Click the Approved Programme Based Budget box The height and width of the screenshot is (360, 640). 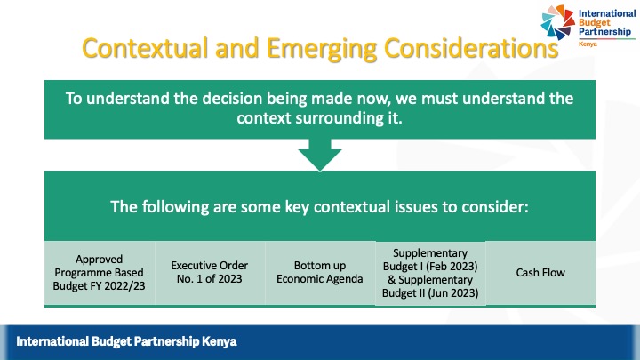coord(99,272)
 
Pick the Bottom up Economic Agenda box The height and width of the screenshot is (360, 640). coord(319,272)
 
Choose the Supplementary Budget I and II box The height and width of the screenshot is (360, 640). coord(430,273)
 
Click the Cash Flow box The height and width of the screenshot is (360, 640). coord(540,272)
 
